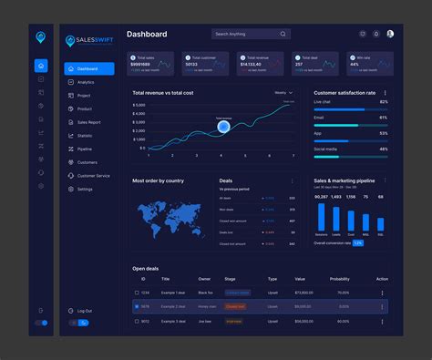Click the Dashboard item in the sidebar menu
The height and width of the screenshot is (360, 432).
click(88, 68)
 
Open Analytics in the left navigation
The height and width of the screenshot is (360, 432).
click(86, 82)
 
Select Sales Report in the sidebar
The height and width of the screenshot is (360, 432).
click(89, 122)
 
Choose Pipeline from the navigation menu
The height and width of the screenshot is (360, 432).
click(85, 149)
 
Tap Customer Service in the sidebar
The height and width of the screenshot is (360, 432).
click(93, 175)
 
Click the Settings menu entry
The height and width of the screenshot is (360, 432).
click(85, 189)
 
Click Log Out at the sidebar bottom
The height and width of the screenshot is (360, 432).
click(84, 311)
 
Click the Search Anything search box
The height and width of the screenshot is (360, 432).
click(251, 34)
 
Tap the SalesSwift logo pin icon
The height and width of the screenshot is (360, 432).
click(72, 41)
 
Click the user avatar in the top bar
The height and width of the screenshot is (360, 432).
click(390, 34)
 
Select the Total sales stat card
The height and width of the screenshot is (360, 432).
click(151, 63)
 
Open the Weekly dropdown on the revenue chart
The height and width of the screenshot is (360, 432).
click(282, 92)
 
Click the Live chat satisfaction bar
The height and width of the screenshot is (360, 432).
click(351, 109)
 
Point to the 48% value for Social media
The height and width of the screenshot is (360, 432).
click(384, 149)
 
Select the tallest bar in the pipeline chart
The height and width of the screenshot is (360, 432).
click(321, 217)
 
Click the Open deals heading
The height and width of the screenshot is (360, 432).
click(146, 268)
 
